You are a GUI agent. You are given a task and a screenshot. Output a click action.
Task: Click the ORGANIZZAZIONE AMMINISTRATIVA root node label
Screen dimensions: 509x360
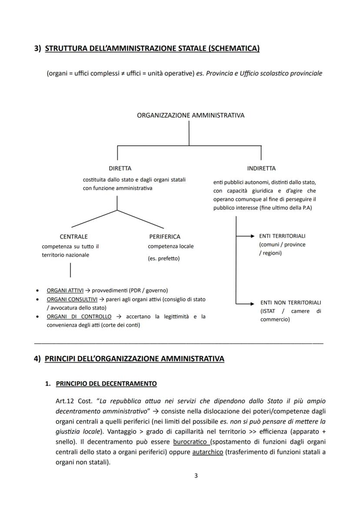(190, 116)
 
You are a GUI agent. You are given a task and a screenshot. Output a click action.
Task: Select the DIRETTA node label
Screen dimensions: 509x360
(120, 168)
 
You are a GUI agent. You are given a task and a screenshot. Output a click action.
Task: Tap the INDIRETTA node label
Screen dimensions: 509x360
(261, 168)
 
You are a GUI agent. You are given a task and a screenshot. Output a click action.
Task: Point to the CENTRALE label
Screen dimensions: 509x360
(73, 237)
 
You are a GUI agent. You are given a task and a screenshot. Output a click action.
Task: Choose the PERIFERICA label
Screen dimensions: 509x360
(165, 237)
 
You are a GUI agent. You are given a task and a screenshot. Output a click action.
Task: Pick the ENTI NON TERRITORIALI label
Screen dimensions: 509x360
(290, 302)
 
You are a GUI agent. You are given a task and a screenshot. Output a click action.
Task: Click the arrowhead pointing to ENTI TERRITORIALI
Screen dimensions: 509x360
(252, 236)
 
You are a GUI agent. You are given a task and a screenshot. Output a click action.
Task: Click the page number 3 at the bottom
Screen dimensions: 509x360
(196, 476)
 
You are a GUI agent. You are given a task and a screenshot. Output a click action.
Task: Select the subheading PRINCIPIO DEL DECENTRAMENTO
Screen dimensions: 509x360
(107, 384)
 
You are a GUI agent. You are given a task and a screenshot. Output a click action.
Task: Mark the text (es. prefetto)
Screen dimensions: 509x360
(163, 259)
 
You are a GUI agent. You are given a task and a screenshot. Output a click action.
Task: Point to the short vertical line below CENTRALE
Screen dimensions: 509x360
(70, 270)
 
